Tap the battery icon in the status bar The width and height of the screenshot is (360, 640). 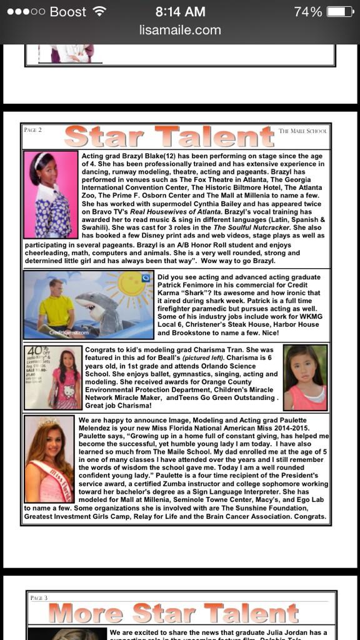pyautogui.click(x=340, y=12)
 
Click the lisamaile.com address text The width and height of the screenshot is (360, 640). pyautogui.click(x=180, y=30)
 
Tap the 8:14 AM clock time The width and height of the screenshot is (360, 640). pyautogui.click(x=180, y=12)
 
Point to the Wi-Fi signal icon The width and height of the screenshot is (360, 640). pyautogui.click(x=99, y=12)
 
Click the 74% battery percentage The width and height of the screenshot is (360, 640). pyautogui.click(x=307, y=12)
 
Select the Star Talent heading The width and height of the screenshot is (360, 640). pyautogui.click(x=169, y=137)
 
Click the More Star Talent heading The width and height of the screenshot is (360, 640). pyautogui.click(x=173, y=614)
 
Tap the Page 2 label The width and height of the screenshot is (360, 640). pyautogui.click(x=32, y=130)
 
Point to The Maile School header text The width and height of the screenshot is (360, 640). pyautogui.click(x=302, y=131)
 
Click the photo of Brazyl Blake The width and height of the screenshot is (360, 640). pyautogui.click(x=51, y=194)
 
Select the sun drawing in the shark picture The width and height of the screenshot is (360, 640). pyautogui.click(x=129, y=287)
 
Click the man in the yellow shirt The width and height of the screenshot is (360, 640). pyautogui.click(x=57, y=306)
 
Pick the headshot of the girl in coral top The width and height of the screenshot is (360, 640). pyautogui.click(x=305, y=377)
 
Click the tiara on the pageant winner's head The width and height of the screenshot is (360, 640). pyautogui.click(x=46, y=424)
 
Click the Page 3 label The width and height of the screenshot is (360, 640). pyautogui.click(x=39, y=598)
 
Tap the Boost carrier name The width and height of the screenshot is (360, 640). pyautogui.click(x=67, y=12)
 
